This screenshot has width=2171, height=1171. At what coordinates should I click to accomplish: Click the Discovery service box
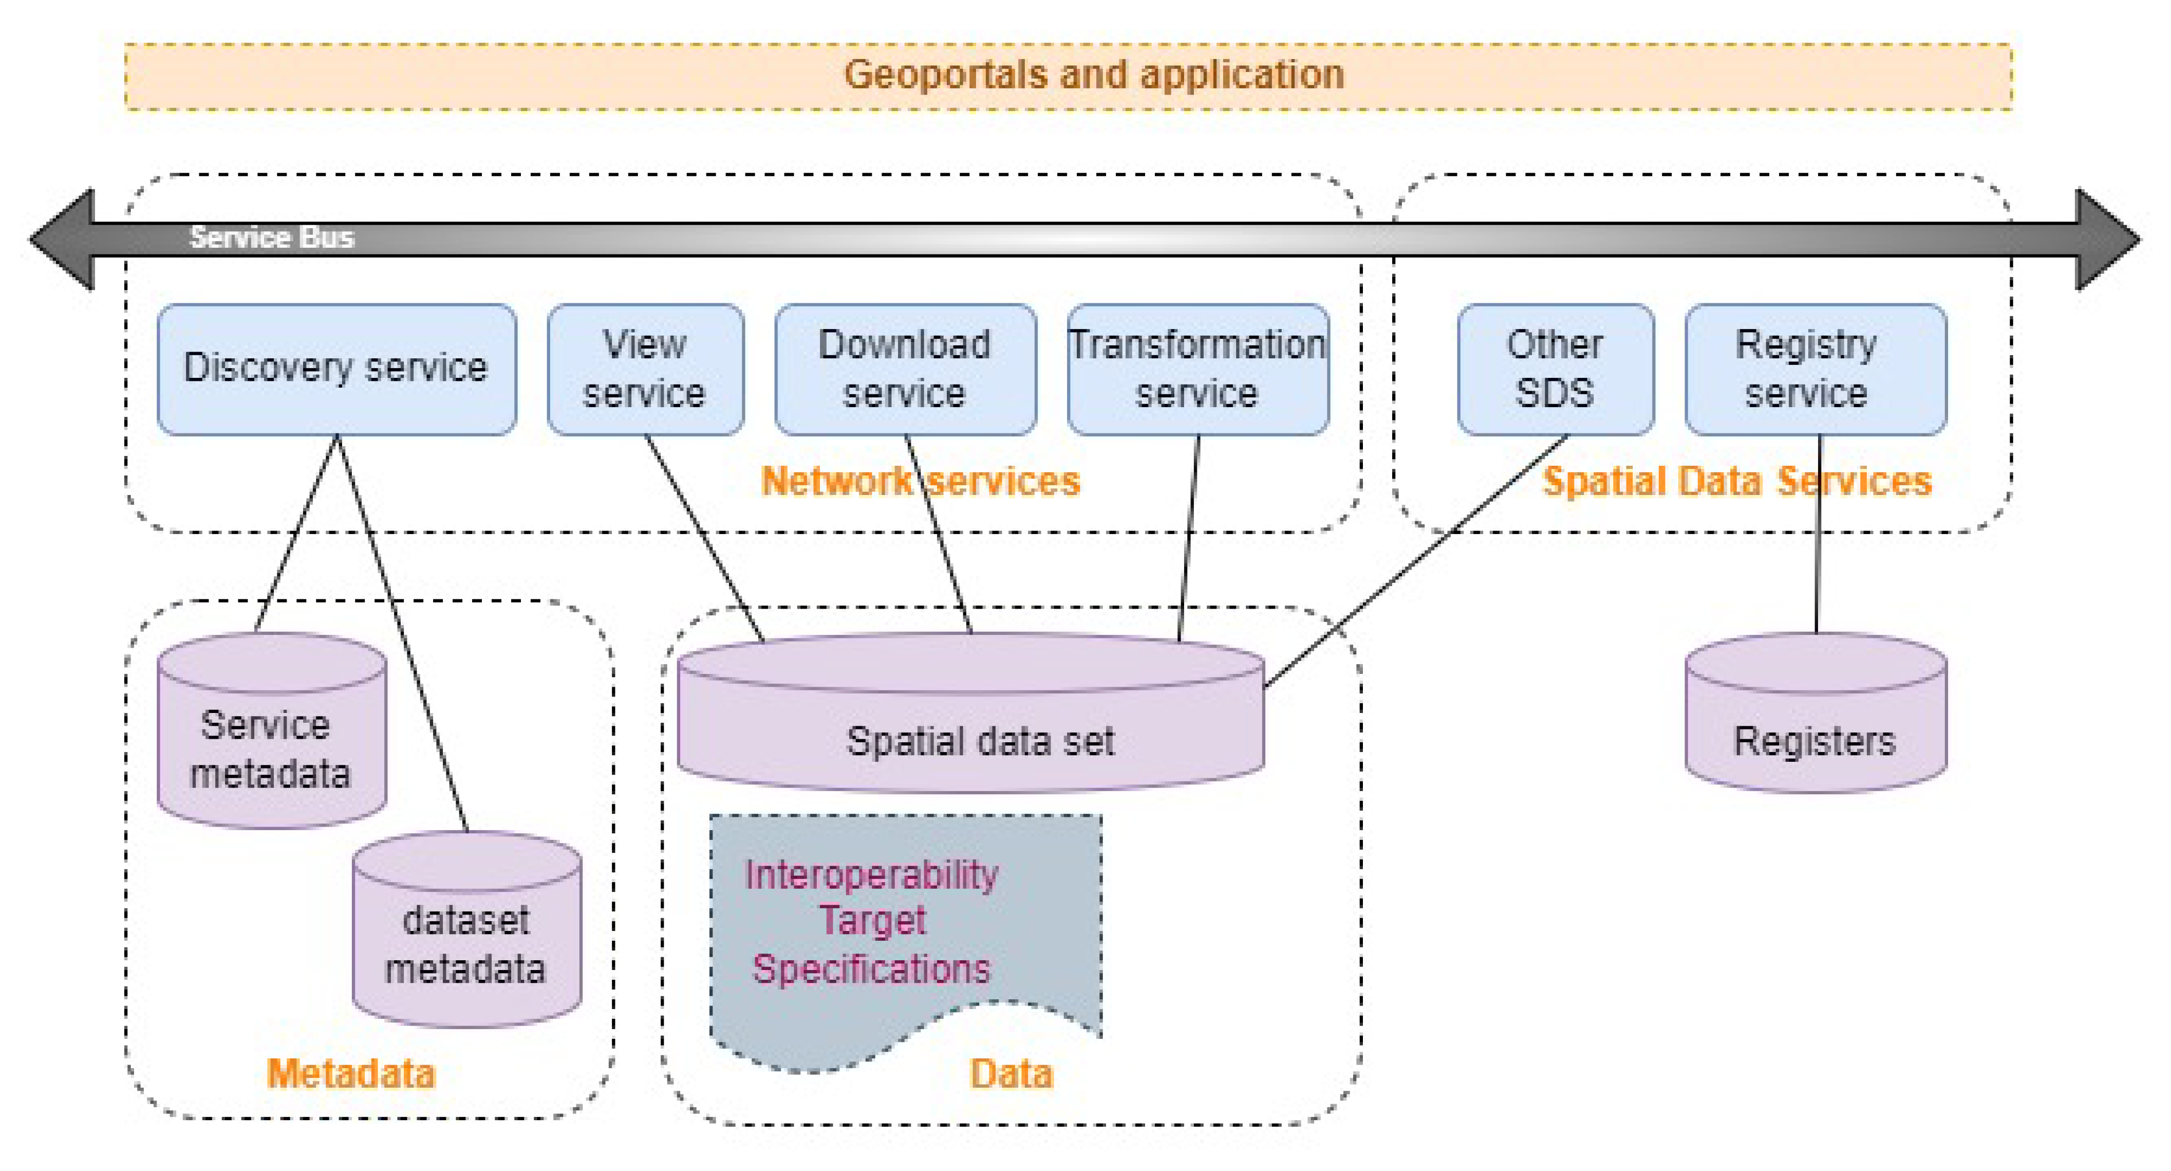[336, 369]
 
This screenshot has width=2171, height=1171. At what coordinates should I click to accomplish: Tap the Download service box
[905, 369]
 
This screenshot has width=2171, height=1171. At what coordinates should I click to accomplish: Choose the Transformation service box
[1197, 369]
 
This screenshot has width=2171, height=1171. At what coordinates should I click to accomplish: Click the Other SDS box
[1555, 369]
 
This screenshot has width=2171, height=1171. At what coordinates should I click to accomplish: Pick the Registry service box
[1816, 369]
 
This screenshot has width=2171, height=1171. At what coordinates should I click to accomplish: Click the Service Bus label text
[271, 237]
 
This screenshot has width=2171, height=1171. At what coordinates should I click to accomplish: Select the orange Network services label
[920, 481]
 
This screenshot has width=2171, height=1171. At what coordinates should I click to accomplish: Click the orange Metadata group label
[350, 1073]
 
